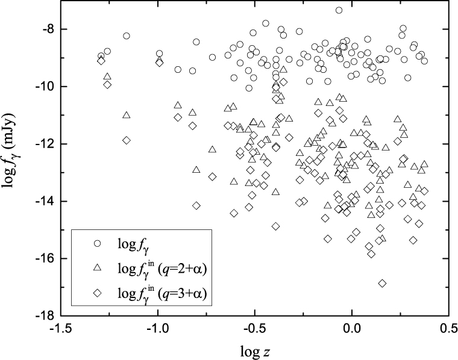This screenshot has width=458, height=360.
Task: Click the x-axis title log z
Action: tap(254, 350)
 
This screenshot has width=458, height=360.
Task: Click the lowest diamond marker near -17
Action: tap(382, 283)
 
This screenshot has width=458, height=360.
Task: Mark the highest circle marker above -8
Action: tap(339, 10)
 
